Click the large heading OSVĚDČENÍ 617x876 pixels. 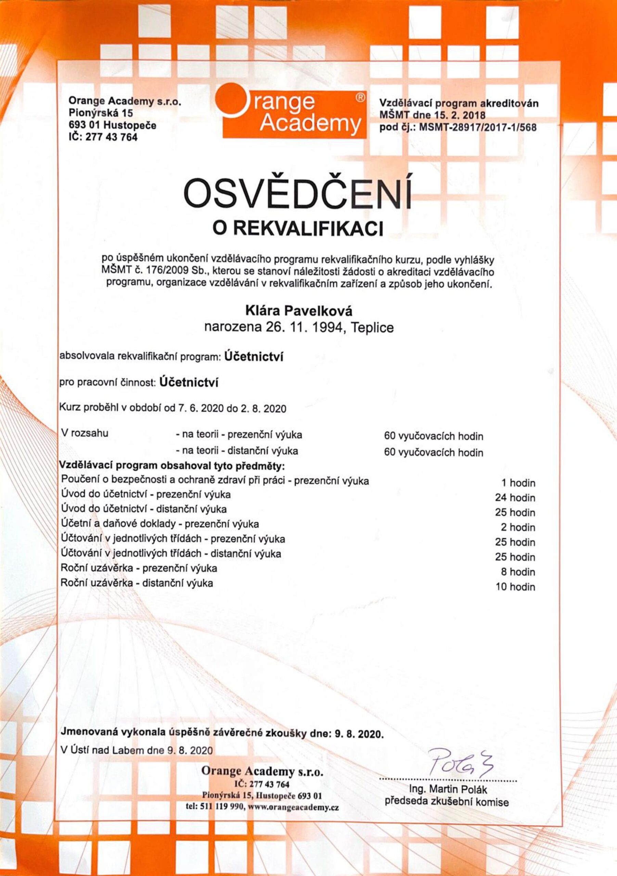coord(298,194)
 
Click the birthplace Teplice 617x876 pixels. coord(372,328)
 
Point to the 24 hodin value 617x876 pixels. coord(515,498)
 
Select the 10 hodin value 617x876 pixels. coord(515,587)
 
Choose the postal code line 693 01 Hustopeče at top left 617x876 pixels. coord(113,125)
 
